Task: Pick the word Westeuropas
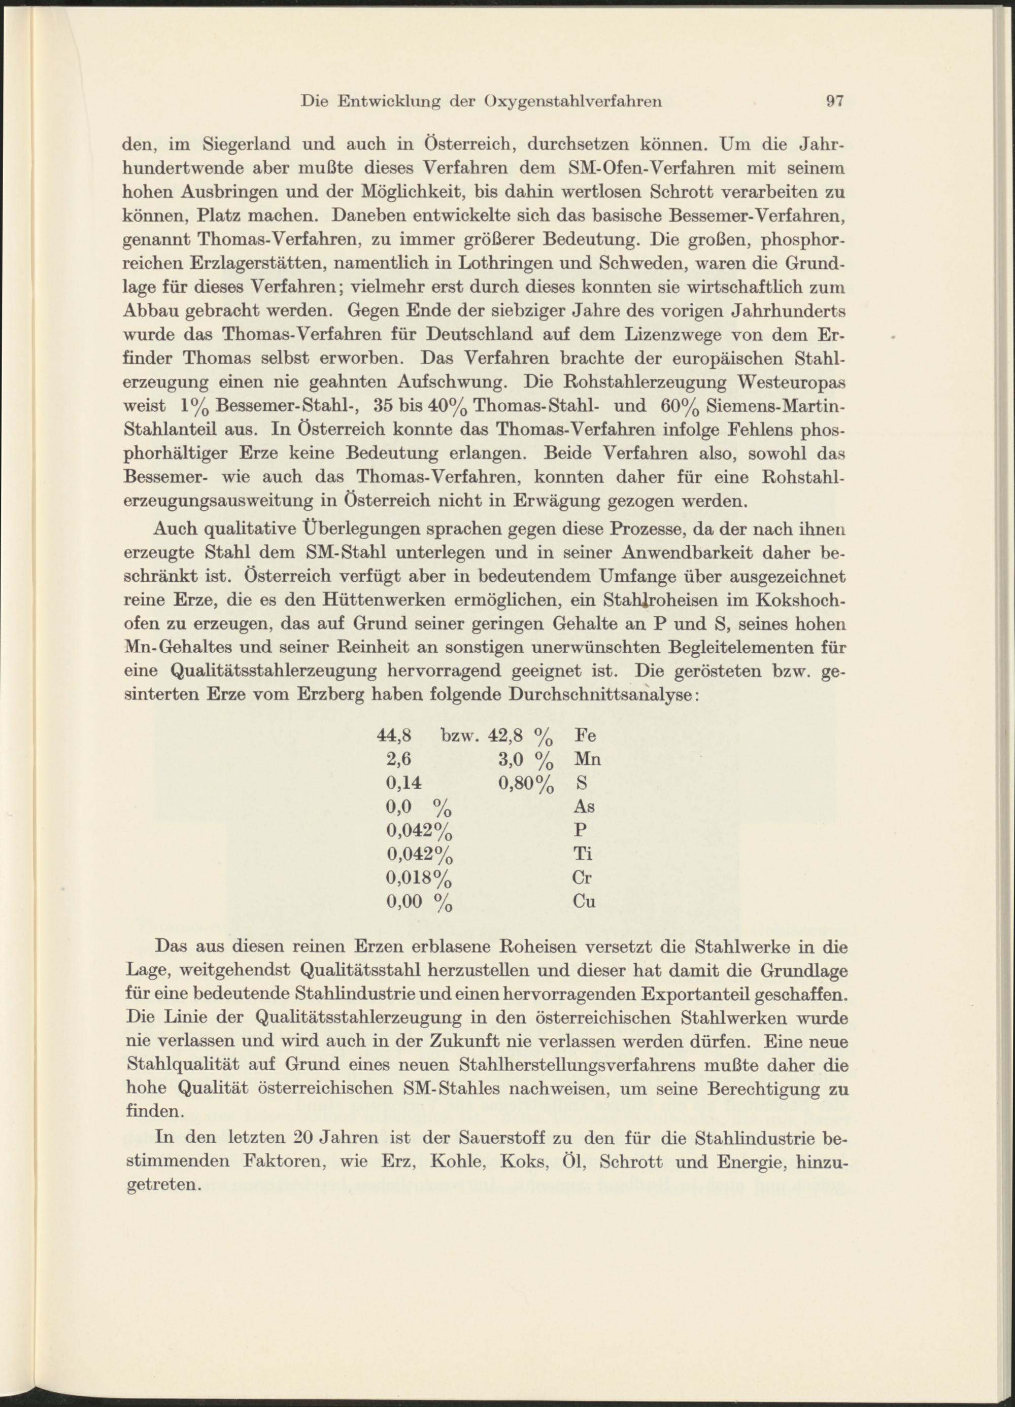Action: (x=792, y=383)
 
